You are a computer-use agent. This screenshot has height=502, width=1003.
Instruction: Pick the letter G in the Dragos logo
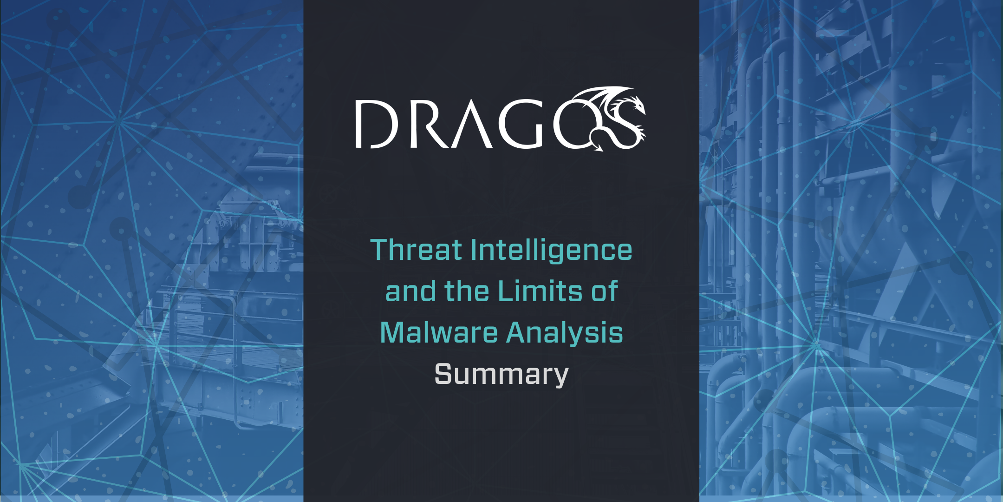click(520, 124)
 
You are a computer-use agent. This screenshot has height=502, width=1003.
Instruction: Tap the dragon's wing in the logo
click(599, 100)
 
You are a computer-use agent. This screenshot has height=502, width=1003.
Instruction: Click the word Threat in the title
click(416, 250)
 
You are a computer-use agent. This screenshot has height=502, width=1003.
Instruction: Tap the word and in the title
click(410, 291)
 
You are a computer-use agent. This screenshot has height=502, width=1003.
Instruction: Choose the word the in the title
click(467, 291)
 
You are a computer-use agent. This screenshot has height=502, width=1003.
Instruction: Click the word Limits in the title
click(540, 291)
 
